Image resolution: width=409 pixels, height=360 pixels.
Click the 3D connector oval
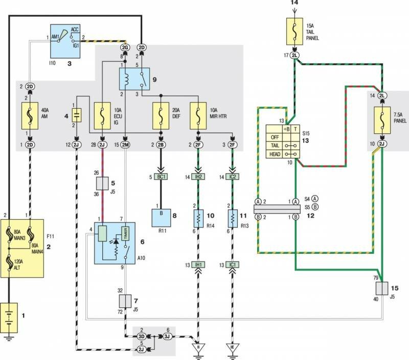coord(141,337)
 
